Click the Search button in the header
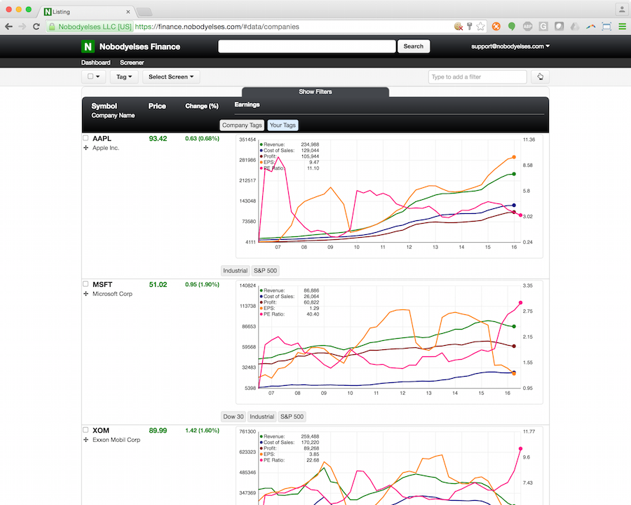[x=414, y=46]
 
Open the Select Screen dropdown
[x=171, y=77]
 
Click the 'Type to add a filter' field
[x=477, y=77]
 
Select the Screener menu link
[x=132, y=62]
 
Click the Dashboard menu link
[x=95, y=62]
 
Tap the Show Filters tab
[x=315, y=92]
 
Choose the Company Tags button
[x=242, y=126]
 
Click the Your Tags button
[x=283, y=126]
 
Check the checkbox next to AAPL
[x=86, y=139]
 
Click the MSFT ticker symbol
[x=102, y=285]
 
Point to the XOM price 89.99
[x=158, y=431]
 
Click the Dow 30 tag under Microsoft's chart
[x=233, y=417]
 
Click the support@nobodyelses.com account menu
[x=509, y=46]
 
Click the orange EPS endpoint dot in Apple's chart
[x=514, y=157]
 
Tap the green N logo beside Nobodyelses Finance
[x=88, y=47]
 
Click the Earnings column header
[x=247, y=105]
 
